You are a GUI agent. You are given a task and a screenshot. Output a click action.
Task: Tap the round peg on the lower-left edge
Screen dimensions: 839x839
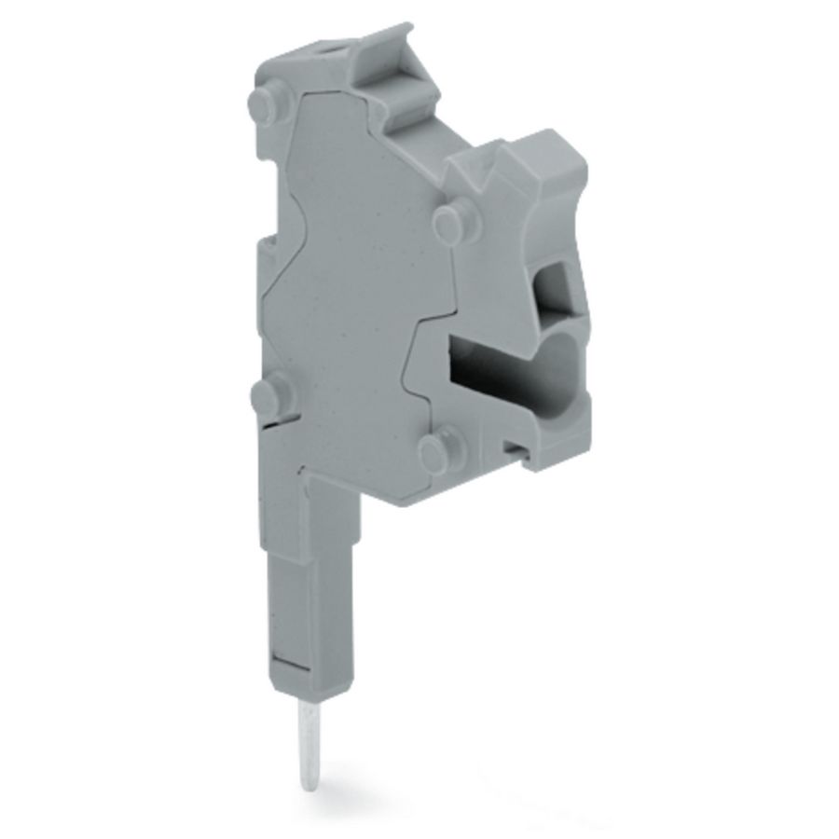pyautogui.click(x=268, y=398)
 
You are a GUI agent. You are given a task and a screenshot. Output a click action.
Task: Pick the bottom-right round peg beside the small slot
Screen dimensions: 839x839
pyautogui.click(x=437, y=452)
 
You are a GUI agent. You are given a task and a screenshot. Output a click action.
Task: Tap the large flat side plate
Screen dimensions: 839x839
pyautogui.click(x=354, y=280)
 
